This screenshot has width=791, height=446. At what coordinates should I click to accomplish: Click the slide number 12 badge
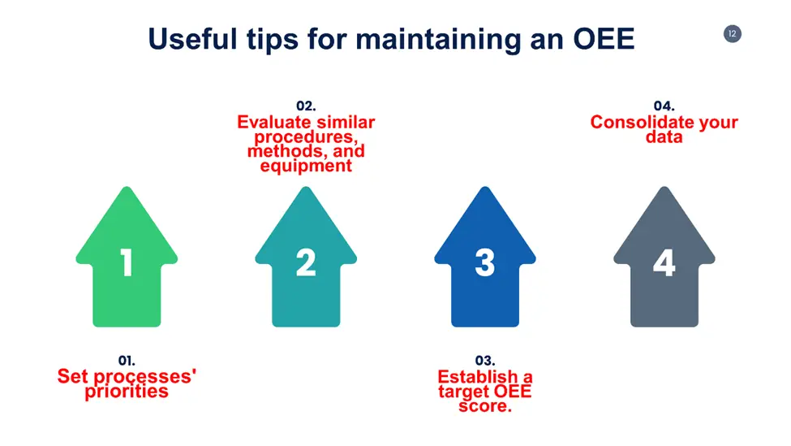pos(732,34)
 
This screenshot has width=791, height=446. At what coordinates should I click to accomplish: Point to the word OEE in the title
pos(604,39)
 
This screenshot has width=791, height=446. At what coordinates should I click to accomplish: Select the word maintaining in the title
pos(438,40)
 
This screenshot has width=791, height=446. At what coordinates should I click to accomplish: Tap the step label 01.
pos(127,360)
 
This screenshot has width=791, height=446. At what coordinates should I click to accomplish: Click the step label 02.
pos(306,106)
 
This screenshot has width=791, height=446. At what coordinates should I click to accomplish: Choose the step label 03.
pos(485,360)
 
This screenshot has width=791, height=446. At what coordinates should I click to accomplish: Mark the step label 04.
pos(664,106)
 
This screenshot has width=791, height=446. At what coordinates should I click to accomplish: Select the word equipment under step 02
pos(306,167)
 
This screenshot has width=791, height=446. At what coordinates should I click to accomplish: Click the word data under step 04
pos(664,136)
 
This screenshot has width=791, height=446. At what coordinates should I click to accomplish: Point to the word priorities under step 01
pos(127,392)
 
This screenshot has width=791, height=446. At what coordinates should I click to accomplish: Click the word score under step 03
pos(483,406)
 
